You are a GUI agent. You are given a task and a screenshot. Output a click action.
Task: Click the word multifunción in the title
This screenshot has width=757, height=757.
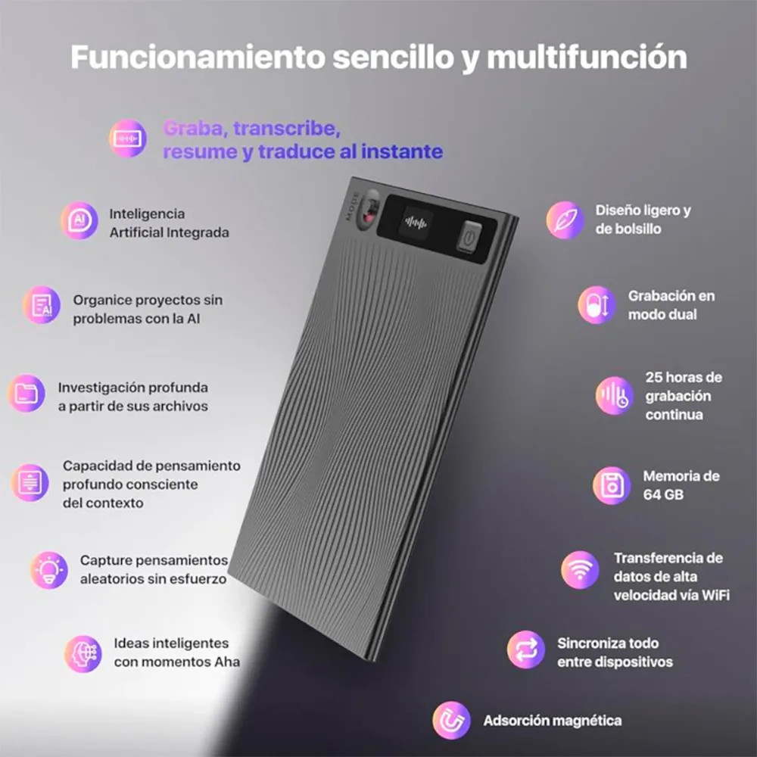coord(587,58)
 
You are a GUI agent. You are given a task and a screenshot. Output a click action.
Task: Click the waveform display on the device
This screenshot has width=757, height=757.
coord(415,223)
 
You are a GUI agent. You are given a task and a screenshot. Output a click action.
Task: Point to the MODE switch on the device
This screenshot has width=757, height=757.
coord(369,210)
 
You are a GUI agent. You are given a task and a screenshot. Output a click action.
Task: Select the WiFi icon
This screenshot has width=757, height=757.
coord(580,570)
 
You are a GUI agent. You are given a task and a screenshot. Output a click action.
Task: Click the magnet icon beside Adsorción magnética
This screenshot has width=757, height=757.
coord(451,721)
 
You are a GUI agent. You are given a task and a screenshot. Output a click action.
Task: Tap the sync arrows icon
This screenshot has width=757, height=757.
coord(526,650)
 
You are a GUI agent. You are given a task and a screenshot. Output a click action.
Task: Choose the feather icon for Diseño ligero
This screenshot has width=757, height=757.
coord(565,220)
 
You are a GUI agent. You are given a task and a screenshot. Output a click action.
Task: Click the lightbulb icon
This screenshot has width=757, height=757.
coord(49,570)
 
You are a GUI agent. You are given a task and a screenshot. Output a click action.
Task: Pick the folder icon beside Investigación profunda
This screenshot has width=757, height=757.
coord(26,393)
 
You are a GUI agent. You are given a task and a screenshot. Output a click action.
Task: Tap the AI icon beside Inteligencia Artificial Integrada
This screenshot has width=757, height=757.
coord(79,220)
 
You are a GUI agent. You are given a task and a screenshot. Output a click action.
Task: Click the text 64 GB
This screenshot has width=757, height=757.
coord(663,495)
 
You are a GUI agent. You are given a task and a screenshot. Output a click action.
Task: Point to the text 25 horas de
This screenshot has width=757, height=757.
coord(684,377)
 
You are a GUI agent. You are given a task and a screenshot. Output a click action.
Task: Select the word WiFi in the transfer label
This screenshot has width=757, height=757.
coord(715,595)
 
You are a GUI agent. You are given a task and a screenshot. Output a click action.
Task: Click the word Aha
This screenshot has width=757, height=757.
coord(227,662)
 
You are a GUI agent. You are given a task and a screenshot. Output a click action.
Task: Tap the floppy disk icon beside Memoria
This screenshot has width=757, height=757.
coord(612,486)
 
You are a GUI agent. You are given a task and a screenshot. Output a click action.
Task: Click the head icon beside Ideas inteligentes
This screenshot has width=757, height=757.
coord(83,654)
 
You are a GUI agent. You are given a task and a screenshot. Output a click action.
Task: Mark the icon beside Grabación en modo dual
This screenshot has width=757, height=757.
coord(597,305)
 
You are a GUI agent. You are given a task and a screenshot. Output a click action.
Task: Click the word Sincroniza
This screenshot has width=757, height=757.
coord(589,643)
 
